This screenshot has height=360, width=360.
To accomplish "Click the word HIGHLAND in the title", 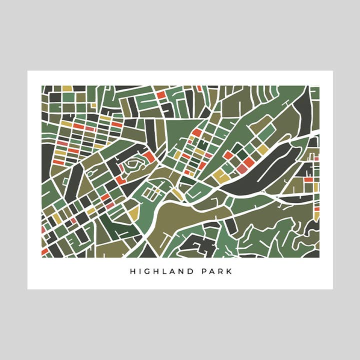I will point(161,272).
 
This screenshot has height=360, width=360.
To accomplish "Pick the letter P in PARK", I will point(202,272).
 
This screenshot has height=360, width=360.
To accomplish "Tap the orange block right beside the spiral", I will point(149,157).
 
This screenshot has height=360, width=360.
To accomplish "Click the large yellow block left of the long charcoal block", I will point(220,175).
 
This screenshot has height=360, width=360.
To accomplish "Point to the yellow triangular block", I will point(133,213).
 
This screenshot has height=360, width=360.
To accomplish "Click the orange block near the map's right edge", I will point(308,178).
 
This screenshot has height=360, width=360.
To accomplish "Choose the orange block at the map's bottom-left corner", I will point(45,251).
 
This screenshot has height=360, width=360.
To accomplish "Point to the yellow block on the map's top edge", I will point(67,88).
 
